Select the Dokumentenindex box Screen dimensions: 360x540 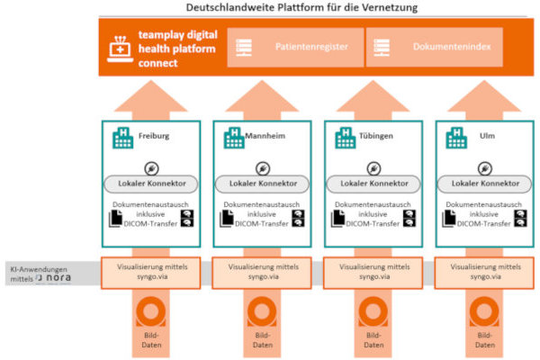[444, 46]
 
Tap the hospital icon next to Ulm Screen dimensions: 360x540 [455, 138]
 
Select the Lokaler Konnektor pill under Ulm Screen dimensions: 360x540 [481, 184]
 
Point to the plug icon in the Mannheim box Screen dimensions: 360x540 [261, 167]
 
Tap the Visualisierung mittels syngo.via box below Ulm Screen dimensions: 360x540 [481, 271]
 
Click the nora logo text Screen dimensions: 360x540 [56, 278]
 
